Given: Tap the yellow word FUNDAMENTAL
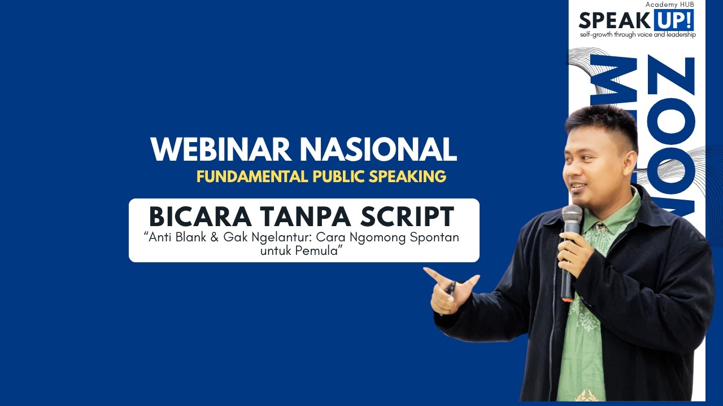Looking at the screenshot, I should [251, 176].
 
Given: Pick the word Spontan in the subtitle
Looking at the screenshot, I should [435, 237].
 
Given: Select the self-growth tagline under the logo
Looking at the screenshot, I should [637, 35].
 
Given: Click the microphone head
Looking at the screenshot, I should [572, 215].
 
